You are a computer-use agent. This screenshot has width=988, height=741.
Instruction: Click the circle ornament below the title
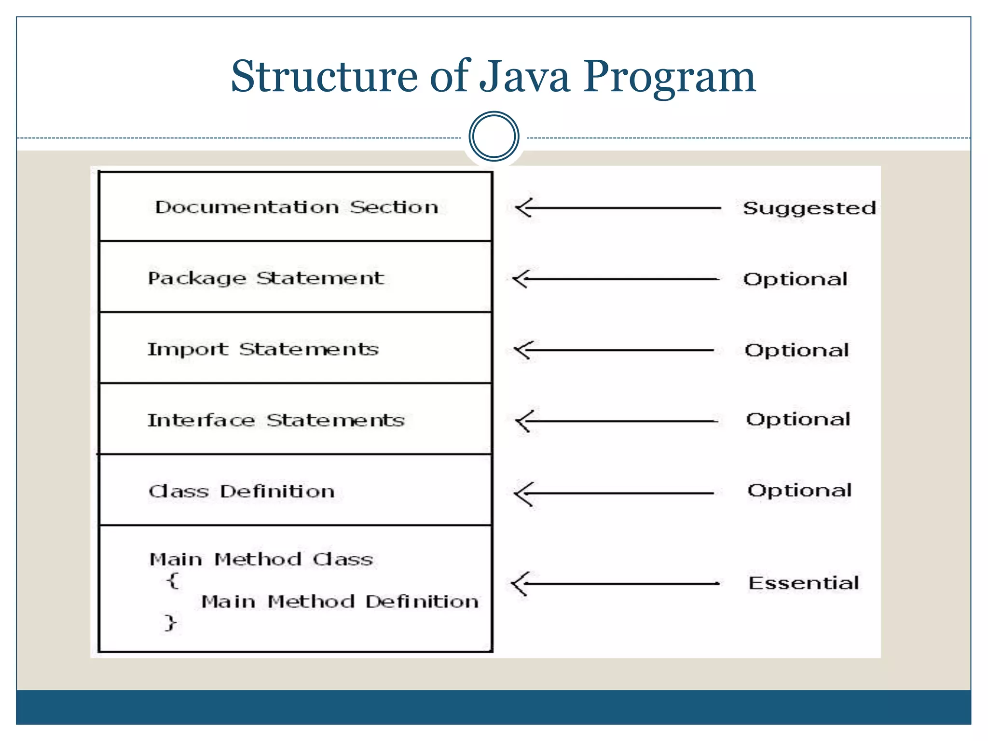coord(494,137)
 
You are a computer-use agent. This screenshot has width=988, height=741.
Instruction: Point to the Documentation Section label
coord(297,207)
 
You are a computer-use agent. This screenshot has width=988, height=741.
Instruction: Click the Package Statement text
coord(266,278)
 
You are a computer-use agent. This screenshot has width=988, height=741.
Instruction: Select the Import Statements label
coord(263,349)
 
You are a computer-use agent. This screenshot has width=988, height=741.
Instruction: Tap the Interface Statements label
coord(275,420)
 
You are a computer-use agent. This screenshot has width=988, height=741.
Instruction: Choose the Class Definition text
coord(242,491)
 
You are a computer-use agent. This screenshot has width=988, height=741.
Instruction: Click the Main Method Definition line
coord(340,602)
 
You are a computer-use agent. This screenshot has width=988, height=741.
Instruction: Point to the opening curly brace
coord(173,580)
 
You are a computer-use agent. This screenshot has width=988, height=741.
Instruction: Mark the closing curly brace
coord(170,622)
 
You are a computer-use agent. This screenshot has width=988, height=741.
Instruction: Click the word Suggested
coord(809,208)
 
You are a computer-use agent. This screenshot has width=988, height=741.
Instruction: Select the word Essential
coord(803,583)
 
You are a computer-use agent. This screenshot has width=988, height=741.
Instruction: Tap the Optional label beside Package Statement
coord(795,279)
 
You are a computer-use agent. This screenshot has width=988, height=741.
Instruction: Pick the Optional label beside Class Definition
coord(799,491)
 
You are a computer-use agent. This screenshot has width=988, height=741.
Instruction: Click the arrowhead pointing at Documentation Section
coord(523,208)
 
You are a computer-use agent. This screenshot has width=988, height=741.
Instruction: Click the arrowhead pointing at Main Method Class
coord(519,584)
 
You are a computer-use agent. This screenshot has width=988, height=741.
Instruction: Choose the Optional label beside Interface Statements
coord(798,420)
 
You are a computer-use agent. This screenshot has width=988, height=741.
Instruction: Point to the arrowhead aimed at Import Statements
coord(522,350)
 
